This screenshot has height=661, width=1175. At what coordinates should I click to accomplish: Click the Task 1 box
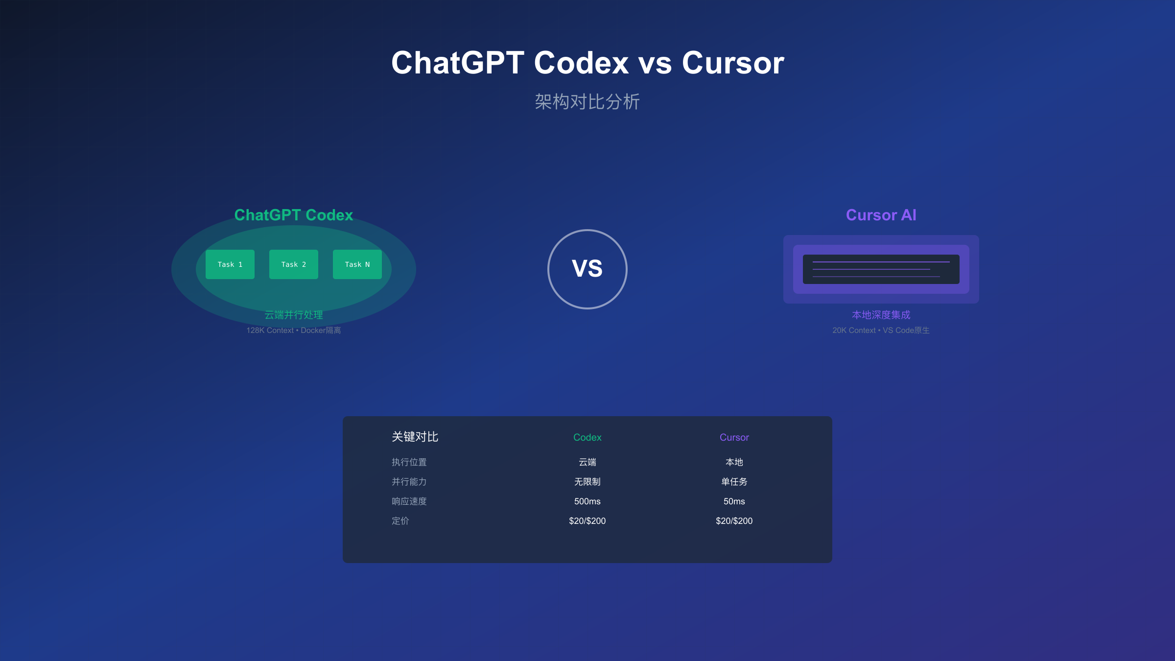pos(230,264)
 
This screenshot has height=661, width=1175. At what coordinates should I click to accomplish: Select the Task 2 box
pos(294,264)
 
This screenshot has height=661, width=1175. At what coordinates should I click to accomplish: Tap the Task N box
pos(357,264)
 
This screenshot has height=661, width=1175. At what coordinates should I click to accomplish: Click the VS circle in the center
pos(587,269)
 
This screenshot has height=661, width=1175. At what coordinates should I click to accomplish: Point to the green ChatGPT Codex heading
pos(294,215)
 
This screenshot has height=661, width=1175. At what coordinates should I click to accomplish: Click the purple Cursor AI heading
pos(881,215)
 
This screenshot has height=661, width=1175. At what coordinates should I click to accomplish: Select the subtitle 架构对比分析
pos(587,102)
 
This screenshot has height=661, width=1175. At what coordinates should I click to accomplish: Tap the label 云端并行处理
pos(294,315)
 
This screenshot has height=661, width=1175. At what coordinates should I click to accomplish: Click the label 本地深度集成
pos(881,315)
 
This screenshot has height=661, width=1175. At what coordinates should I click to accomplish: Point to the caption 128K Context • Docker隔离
pos(294,330)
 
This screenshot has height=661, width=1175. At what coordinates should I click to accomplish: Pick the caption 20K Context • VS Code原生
pos(881,330)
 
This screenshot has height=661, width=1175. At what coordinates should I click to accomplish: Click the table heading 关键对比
pos(415,437)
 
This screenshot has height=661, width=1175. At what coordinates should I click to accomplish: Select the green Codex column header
pos(587,437)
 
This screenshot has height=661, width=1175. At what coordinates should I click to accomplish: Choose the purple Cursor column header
pos(734,437)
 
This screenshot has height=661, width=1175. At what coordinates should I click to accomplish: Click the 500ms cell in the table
pos(587,501)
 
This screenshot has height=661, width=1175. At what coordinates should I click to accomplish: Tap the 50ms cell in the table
pos(734,501)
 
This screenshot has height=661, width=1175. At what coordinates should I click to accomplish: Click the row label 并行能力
pos(409,482)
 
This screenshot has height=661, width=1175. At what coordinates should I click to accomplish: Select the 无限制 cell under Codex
pos(587,482)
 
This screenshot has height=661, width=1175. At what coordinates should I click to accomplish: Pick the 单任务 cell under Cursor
pos(734,482)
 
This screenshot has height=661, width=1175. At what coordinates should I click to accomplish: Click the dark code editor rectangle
pos(881,269)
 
